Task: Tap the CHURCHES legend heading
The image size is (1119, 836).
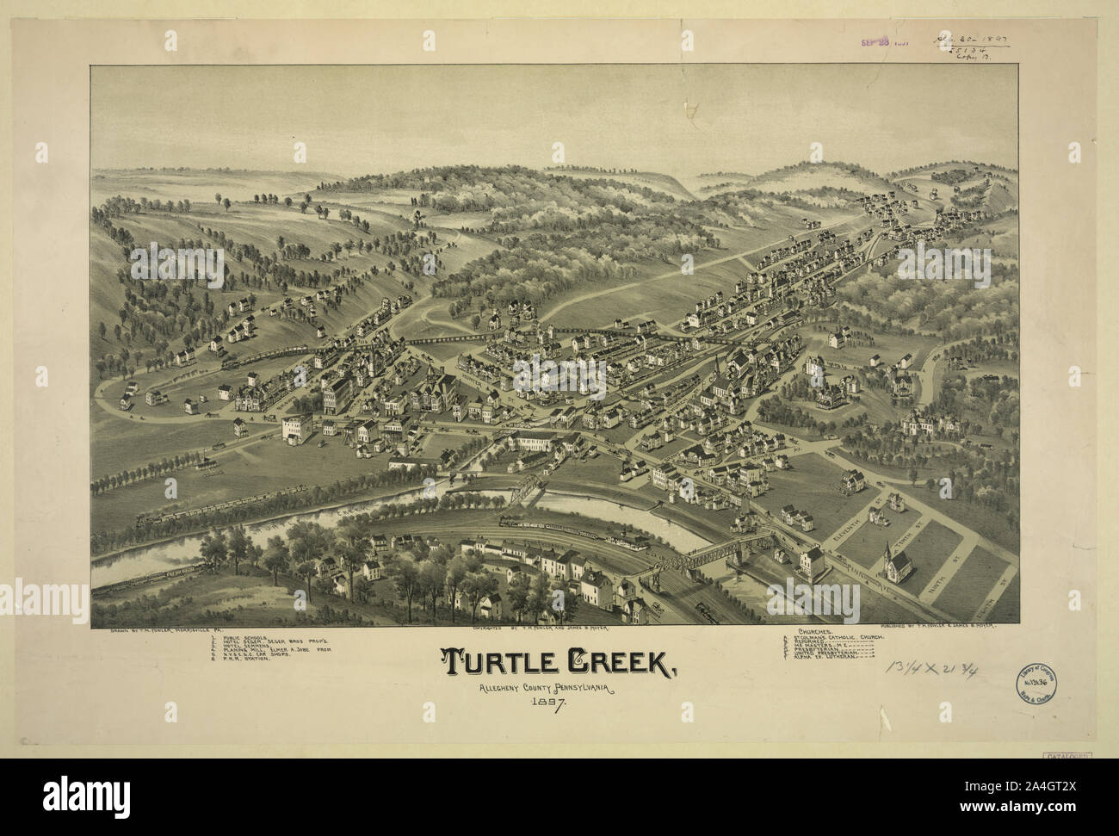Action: pos(823,632)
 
